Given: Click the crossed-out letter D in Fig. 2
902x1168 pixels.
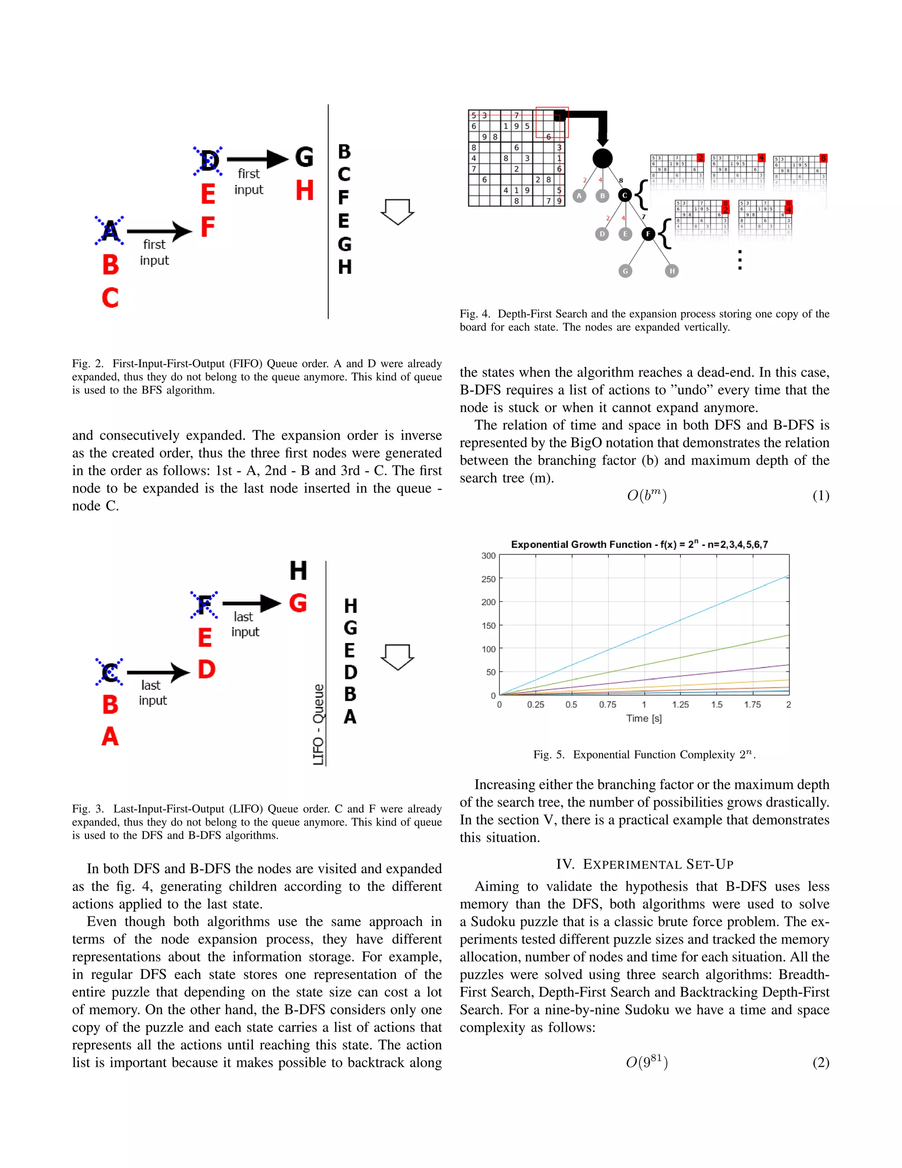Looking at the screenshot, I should pyautogui.click(x=208, y=160).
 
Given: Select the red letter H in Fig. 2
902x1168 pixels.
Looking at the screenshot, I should pyautogui.click(x=305, y=190).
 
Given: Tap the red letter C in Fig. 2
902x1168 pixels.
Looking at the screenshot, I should pyautogui.click(x=110, y=298).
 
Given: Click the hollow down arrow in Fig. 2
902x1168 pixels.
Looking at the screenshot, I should pyautogui.click(x=398, y=212).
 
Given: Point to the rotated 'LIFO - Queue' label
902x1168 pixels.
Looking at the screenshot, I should pyautogui.click(x=318, y=724).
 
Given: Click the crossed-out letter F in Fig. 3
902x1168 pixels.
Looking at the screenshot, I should pyautogui.click(x=204, y=605).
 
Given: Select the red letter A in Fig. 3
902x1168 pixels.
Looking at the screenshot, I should pyautogui.click(x=110, y=737).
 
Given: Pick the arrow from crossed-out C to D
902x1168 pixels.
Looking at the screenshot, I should pyautogui.click(x=158, y=672).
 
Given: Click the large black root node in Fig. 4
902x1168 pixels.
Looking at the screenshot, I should pyautogui.click(x=602, y=158).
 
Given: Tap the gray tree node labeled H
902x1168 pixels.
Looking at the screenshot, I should pyautogui.click(x=672, y=271).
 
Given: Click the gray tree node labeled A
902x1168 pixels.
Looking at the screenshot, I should pyautogui.click(x=579, y=196).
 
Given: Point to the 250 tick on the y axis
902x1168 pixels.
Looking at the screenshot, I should pyautogui.click(x=488, y=579).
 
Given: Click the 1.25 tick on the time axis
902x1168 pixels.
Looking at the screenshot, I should pyautogui.click(x=680, y=705).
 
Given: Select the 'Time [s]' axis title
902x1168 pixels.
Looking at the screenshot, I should pyautogui.click(x=644, y=719).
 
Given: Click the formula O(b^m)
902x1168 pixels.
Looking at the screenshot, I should pyautogui.click(x=647, y=496).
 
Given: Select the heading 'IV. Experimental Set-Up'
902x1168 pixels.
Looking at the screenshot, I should pyautogui.click(x=644, y=864).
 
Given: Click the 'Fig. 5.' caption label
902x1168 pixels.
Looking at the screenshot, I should pyautogui.click(x=549, y=755).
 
